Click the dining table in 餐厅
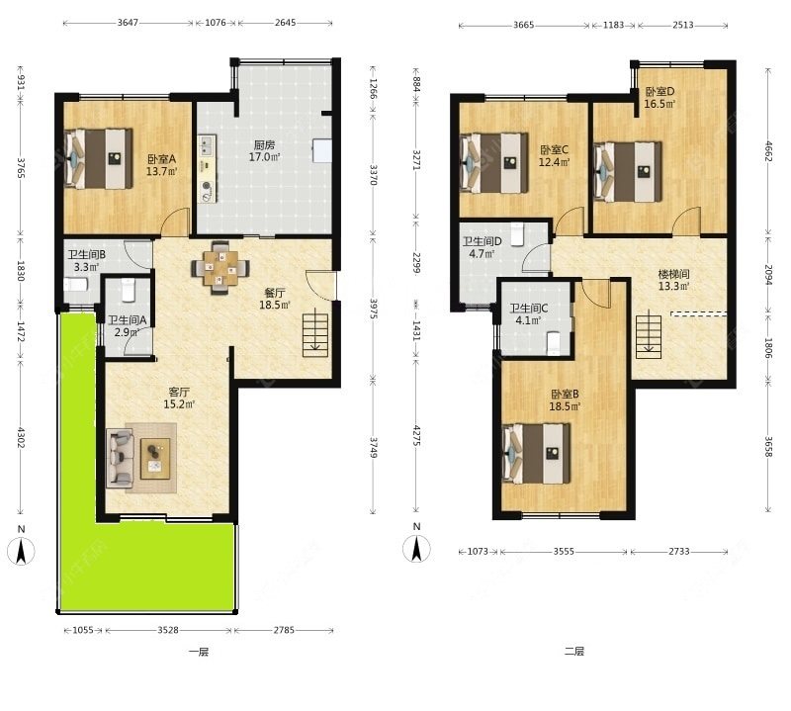click(220, 267)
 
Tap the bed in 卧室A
click(99, 158)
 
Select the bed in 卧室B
click(536, 453)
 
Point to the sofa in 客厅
click(120, 458)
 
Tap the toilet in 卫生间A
click(129, 290)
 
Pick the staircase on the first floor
click(315, 334)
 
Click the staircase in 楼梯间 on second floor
click(649, 336)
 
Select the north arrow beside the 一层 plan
click(21, 551)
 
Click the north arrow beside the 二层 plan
click(416, 549)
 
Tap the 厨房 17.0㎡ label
click(264, 151)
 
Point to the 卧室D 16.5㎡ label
click(659, 98)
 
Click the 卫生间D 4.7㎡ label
click(483, 247)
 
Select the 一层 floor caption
click(199, 652)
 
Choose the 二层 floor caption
click(574, 651)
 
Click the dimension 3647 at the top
click(128, 23)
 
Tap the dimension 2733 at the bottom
click(679, 552)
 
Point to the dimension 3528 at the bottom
click(168, 630)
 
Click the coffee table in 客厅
click(155, 458)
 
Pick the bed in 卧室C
click(494, 162)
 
